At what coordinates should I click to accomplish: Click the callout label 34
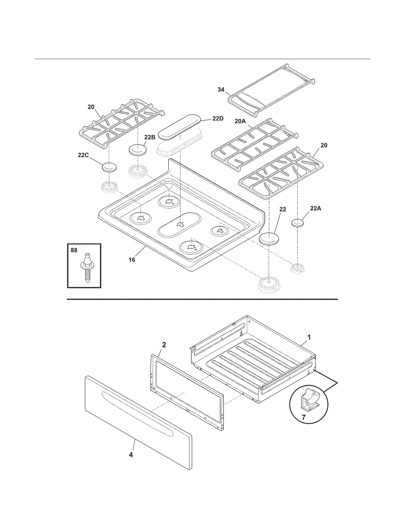click(x=221, y=90)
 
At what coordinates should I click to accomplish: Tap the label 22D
click(x=218, y=118)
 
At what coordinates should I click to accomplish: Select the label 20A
click(x=240, y=121)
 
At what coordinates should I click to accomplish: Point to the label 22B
click(x=150, y=137)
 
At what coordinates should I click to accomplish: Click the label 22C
click(x=83, y=155)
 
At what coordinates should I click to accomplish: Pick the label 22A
click(x=316, y=208)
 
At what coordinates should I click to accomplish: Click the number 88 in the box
click(x=74, y=250)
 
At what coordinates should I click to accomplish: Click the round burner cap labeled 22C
click(x=110, y=167)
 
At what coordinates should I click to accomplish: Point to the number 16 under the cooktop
click(x=132, y=260)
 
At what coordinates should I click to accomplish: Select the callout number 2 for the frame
click(x=164, y=345)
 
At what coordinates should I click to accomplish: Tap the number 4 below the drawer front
click(x=131, y=455)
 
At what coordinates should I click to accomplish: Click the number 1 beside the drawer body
click(x=309, y=337)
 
